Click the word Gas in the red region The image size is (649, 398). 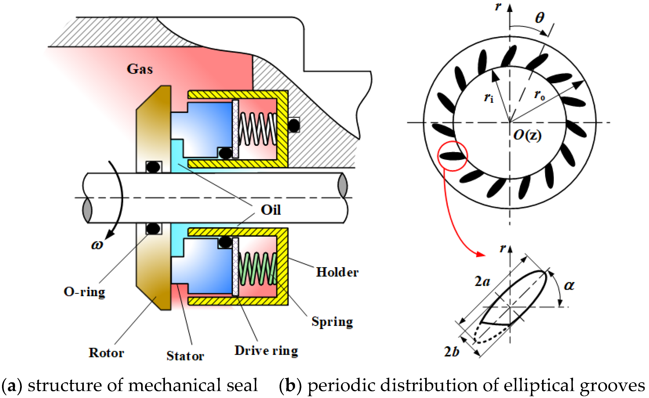coord(140,69)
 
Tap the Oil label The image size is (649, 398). coord(271,210)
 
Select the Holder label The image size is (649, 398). coord(337,272)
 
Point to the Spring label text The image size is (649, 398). coord(332,322)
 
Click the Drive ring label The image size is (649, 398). coord(266,351)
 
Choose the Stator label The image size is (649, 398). coord(185,356)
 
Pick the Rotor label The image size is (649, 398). coord(106,353)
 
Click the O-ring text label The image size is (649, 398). coord(84,292)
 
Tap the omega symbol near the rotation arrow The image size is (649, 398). coord(97,245)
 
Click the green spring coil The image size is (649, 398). coord(257,268)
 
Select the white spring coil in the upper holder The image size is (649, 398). coord(257,129)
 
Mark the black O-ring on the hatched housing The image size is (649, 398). coord(294,125)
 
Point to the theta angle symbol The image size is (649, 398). coord(540,18)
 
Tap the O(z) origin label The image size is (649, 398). coord(527,135)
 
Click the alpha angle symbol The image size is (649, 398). coord(569,285)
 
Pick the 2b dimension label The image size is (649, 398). coord(452,351)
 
